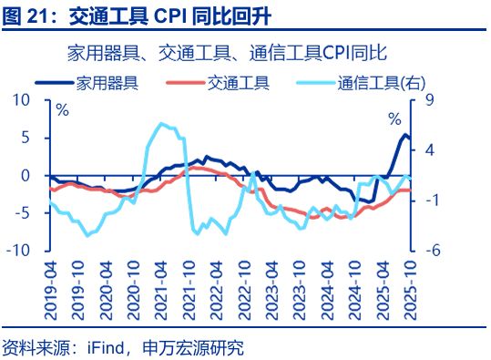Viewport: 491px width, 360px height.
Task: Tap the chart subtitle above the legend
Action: [x=246, y=52]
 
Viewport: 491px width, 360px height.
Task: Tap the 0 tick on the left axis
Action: [x=36, y=175]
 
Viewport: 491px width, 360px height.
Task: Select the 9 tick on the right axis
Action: [x=429, y=100]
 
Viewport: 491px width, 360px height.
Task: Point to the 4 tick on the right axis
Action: [x=429, y=149]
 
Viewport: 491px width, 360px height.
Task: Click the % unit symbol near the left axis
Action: [x=62, y=111]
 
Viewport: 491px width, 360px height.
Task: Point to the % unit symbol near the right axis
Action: [x=394, y=119]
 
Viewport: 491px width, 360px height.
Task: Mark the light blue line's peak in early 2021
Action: [x=161, y=124]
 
